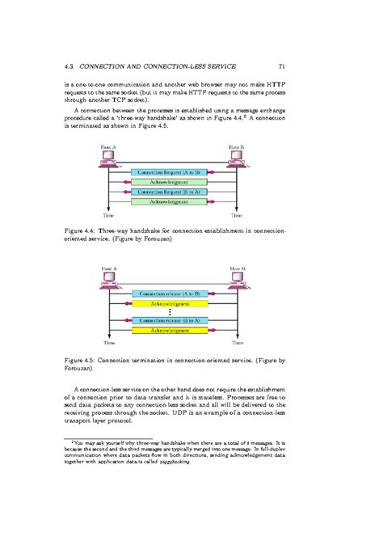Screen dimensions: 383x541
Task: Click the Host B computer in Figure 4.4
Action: click(x=236, y=158)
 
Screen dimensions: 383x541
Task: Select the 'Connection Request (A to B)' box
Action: click(x=171, y=173)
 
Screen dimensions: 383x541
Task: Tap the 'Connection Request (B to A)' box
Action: click(x=171, y=192)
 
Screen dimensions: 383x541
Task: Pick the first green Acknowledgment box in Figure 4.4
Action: click(x=171, y=183)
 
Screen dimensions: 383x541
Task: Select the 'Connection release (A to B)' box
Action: click(x=171, y=294)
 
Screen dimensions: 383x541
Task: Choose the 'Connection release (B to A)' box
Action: click(x=171, y=321)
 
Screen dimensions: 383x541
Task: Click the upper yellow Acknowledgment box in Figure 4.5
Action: click(x=171, y=302)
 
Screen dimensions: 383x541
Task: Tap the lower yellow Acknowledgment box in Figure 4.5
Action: click(x=171, y=331)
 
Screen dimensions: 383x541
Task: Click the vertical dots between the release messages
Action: click(x=171, y=312)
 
